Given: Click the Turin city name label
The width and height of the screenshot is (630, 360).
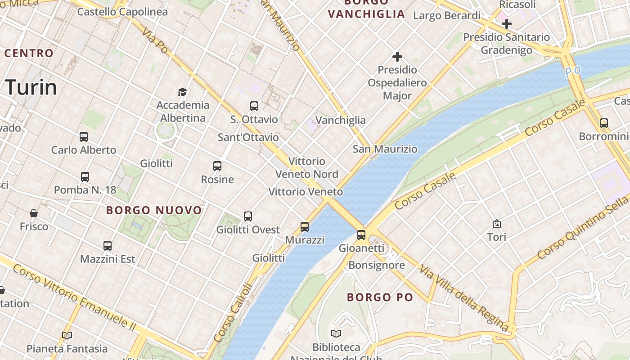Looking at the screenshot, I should click(31, 87).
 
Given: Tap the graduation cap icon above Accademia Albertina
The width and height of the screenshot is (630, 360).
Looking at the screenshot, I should click(182, 92).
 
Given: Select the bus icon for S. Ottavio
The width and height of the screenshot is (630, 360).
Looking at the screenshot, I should click(254, 106).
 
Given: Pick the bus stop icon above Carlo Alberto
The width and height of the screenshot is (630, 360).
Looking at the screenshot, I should click(83, 137).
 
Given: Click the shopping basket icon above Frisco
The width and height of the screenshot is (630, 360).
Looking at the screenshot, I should click(33, 213).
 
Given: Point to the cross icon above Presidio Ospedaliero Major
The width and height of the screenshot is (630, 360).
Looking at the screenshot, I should click(397, 57).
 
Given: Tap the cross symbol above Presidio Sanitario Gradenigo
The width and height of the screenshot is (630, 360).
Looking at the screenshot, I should click(507, 24).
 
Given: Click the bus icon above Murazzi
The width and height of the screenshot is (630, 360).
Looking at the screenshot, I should click(305, 227).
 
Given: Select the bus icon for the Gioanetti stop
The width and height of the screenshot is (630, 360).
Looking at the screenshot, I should click(361, 235).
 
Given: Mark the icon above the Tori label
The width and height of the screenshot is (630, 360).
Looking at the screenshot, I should click(497, 224).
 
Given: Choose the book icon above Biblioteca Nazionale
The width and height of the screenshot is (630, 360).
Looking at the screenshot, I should click(336, 334).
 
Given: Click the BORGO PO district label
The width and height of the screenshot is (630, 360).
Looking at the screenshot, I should click(380, 297).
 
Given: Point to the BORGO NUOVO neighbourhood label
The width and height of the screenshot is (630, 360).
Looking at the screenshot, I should click(154, 210).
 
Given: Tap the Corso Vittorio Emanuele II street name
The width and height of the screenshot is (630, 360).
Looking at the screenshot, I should click(74, 297).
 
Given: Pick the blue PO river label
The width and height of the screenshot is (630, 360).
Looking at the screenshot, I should click(573, 71).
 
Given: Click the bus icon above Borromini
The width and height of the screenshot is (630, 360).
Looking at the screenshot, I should click(604, 123).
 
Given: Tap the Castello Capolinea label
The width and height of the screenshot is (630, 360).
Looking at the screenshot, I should click(122, 12).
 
